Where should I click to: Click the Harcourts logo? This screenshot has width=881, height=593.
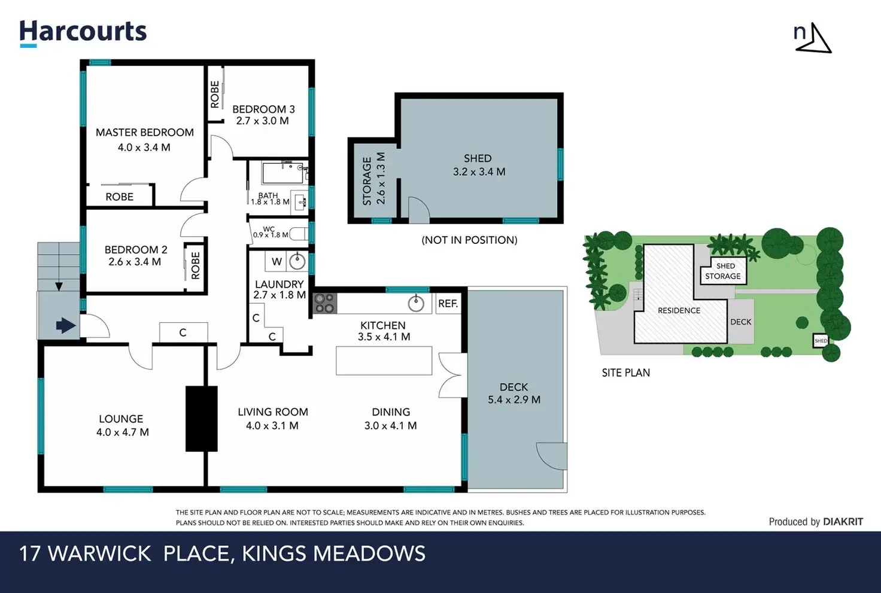tap(83, 33)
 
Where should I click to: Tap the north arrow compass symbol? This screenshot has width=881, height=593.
tap(813, 38)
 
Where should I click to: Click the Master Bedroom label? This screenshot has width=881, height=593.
tap(145, 132)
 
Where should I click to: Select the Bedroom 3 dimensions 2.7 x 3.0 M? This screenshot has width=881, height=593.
tap(262, 121)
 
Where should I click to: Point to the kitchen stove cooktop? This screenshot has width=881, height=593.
tap(325, 303)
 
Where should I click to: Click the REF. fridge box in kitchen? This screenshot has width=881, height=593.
tap(448, 303)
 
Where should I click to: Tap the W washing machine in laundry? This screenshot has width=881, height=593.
tap(277, 262)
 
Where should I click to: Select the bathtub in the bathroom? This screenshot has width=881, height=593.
tap(282, 173)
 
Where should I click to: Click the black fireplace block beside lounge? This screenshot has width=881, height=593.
tap(201, 418)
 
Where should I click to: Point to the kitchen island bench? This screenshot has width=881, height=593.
tap(384, 360)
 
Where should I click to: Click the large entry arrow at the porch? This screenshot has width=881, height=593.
tap(66, 326)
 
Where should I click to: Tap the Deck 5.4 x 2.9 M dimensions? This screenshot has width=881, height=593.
tap(514, 400)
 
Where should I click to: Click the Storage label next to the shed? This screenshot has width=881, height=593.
tap(367, 181)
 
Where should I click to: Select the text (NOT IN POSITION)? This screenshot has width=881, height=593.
tap(470, 240)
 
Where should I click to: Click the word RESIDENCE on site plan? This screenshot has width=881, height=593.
tap(679, 310)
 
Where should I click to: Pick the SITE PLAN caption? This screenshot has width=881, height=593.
tap(626, 372)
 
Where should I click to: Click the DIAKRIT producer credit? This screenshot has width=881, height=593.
tap(843, 522)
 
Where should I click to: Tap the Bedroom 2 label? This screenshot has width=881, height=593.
tap(136, 250)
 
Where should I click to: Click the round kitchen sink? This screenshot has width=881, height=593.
tap(416, 304)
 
